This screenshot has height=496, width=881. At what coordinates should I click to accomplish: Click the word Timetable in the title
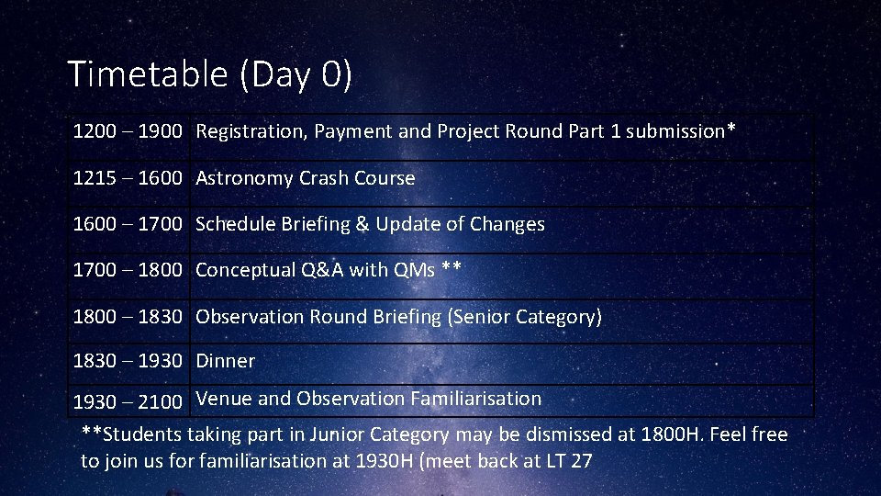click(x=148, y=74)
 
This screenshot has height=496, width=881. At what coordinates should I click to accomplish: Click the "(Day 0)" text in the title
click(x=296, y=74)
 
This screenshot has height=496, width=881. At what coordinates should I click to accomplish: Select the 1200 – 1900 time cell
click(x=128, y=131)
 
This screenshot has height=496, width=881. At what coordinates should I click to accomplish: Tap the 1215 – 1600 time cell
click(x=128, y=178)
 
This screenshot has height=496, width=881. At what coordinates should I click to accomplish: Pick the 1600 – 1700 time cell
click(x=128, y=224)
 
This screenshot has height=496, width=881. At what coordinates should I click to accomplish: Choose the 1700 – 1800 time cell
click(x=128, y=270)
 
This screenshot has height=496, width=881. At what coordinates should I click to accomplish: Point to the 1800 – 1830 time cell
click(x=128, y=317)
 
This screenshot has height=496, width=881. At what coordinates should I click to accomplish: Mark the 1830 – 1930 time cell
click(x=128, y=361)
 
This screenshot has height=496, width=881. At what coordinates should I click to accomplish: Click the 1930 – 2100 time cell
click(x=128, y=401)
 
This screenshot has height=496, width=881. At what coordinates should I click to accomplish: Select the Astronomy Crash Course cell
click(x=305, y=178)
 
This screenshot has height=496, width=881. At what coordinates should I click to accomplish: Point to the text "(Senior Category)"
click(x=524, y=317)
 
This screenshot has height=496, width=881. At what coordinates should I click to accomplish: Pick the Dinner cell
click(x=225, y=361)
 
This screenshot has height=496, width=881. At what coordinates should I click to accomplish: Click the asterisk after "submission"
click(x=730, y=128)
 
